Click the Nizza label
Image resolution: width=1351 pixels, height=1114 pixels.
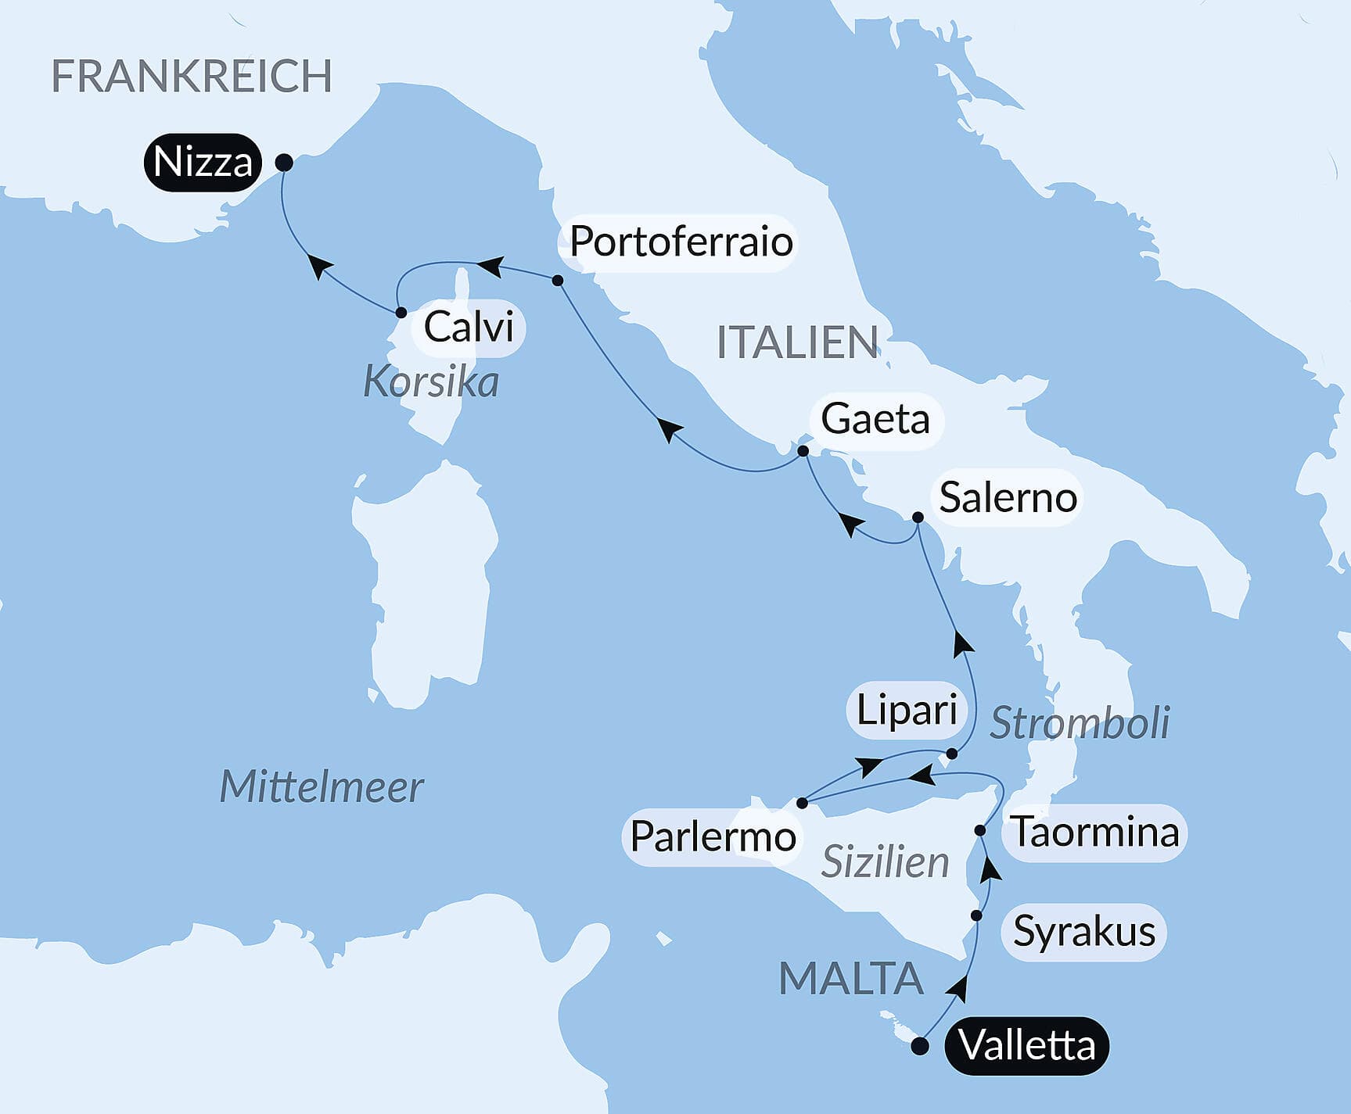[x=203, y=163]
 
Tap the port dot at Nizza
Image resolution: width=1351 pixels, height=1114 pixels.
[x=285, y=163]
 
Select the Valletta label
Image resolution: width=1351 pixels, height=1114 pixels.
[x=1026, y=1046]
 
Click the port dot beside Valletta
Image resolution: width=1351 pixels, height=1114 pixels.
[x=921, y=1046]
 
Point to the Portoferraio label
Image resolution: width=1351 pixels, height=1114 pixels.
[x=681, y=242]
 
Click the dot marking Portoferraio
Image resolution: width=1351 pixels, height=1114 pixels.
[x=558, y=280]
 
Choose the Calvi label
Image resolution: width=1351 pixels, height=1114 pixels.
[x=468, y=327]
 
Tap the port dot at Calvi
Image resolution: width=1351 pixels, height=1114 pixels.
[x=401, y=313]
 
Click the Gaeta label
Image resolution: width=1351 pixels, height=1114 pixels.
[x=875, y=420]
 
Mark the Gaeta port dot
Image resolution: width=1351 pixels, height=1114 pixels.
[x=803, y=451]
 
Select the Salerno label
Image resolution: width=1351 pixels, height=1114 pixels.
[x=1008, y=498]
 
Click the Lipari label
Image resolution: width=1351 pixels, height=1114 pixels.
[x=907, y=711]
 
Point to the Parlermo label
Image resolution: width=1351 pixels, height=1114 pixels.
[x=713, y=836]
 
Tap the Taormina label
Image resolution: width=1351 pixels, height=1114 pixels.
[x=1096, y=832]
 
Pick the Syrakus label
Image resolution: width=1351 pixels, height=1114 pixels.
[x=1084, y=931]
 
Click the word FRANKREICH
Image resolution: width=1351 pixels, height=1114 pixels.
[x=192, y=76]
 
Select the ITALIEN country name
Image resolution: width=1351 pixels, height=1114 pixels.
[x=797, y=342]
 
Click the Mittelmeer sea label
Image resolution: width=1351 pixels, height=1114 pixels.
[x=322, y=786]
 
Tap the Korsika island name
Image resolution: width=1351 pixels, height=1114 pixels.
[x=431, y=382]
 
